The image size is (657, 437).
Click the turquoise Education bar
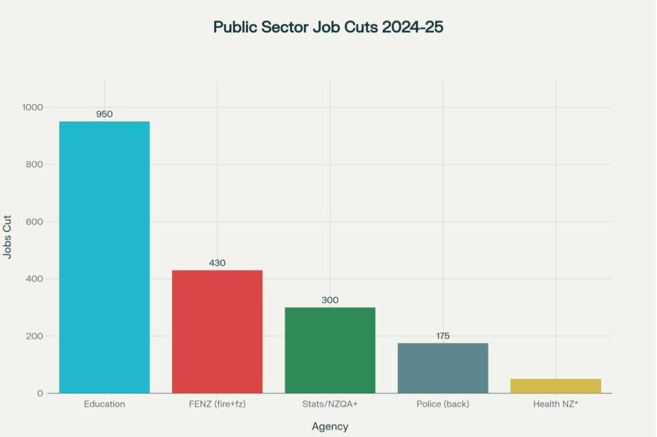tap(104, 257)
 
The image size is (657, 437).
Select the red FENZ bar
tap(217, 331)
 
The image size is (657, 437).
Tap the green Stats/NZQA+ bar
tap(330, 350)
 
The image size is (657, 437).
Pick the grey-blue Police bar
tap(443, 368)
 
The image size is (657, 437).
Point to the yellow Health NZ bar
tap(555, 386)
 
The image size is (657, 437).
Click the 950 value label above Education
tap(104, 114)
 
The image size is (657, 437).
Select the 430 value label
tap(217, 263)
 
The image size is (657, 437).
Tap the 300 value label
tap(330, 300)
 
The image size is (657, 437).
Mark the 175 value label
tap(443, 336)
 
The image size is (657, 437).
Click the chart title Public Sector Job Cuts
tap(328, 27)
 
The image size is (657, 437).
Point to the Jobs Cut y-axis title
tap(8, 236)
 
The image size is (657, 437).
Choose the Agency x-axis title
tap(330, 427)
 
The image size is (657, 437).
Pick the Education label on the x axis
tap(104, 404)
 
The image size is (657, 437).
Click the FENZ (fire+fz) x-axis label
tap(217, 404)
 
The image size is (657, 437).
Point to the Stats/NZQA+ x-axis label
tap(330, 404)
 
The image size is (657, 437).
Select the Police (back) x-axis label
tap(443, 404)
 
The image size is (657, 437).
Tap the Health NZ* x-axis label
tap(555, 404)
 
